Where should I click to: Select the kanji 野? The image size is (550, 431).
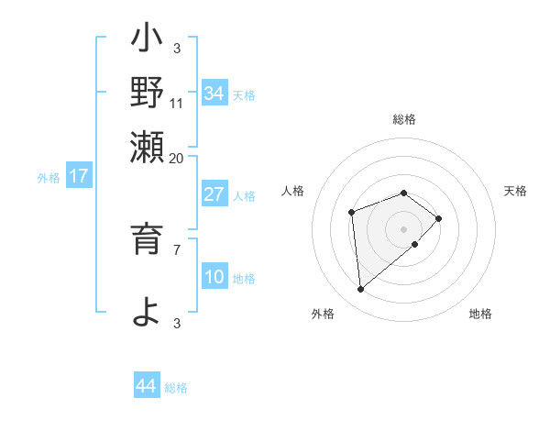click(x=147, y=92)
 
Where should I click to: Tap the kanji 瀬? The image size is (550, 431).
click(x=147, y=147)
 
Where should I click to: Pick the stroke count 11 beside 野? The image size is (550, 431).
click(x=177, y=104)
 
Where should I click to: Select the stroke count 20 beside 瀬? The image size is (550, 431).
click(x=177, y=158)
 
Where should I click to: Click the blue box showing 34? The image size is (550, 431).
click(x=214, y=94)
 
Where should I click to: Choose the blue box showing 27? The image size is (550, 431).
click(x=214, y=194)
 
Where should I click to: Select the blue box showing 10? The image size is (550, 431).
click(x=214, y=277)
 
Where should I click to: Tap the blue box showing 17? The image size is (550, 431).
click(x=79, y=176)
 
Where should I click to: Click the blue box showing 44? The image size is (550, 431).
click(x=147, y=386)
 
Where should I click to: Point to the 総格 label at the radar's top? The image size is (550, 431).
click(x=404, y=119)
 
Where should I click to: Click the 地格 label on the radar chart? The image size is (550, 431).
click(x=480, y=315)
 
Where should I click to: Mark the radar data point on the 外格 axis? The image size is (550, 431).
click(x=361, y=290)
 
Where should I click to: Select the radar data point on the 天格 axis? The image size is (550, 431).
click(x=440, y=218)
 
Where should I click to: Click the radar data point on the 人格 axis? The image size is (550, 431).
click(x=351, y=213)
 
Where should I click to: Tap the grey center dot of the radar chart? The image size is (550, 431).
click(x=404, y=228)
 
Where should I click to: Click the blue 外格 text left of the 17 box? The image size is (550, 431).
click(x=49, y=178)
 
